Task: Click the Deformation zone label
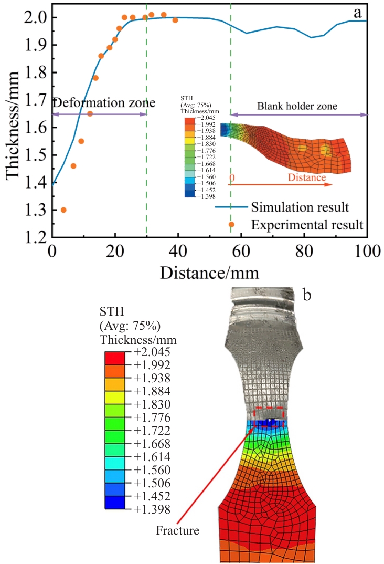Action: [104, 103]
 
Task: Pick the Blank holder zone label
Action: [297, 106]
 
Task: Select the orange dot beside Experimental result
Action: [231, 224]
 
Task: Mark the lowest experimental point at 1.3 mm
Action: [63, 210]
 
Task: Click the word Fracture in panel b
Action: [177, 530]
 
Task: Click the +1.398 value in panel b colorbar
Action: [156, 509]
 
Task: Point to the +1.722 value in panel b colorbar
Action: [156, 430]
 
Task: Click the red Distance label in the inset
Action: [307, 178]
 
